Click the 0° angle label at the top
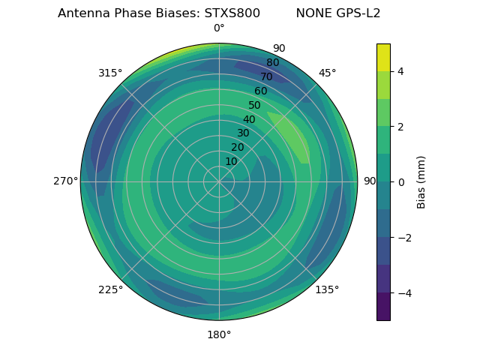pos(219,28)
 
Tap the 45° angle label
pos(327,73)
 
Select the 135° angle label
pos(327,289)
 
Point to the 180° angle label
pos(219,334)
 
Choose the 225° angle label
pos(110,289)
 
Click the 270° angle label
pos(65,181)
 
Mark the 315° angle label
pos(110,73)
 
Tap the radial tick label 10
pos(231,161)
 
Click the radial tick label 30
pos(243,133)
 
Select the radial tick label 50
pos(254,105)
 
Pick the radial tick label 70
pos(266,76)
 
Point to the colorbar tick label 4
pos(401,71)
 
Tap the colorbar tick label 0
pos(401,181)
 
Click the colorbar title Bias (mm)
pos(421,181)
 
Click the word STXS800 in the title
pos(232,13)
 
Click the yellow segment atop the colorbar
pos(383,57)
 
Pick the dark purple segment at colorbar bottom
pos(383,306)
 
